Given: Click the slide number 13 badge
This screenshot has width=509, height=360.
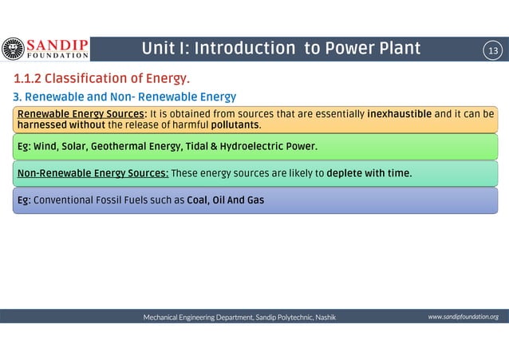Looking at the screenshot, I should (x=492, y=50).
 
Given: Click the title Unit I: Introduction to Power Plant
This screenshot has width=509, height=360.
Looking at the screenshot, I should (x=281, y=49).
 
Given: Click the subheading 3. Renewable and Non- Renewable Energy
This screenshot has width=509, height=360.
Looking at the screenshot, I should (x=124, y=97).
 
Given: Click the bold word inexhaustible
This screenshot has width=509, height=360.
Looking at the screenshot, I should (x=399, y=113).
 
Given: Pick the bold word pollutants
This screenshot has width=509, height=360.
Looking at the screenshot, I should (x=235, y=125).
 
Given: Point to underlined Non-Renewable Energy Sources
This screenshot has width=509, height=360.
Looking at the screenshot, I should (x=93, y=172).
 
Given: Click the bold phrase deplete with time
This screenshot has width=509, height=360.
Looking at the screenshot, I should (x=369, y=172).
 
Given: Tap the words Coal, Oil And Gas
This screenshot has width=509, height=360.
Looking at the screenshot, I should (x=225, y=200).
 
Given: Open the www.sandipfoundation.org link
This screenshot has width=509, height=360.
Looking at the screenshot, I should (x=463, y=317).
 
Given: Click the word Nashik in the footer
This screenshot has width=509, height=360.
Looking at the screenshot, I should (x=325, y=317).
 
